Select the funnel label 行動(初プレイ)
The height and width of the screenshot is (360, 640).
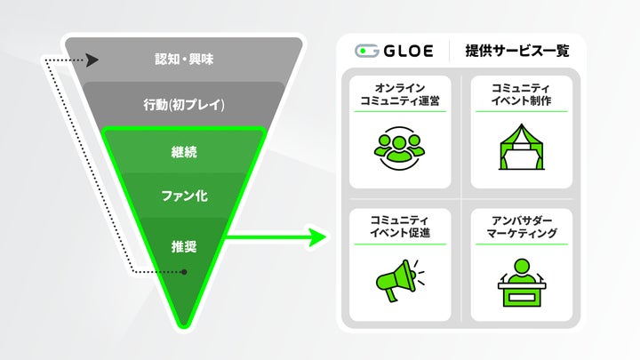pyautogui.click(x=183, y=105)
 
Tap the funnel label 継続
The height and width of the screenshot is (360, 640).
pyautogui.click(x=183, y=152)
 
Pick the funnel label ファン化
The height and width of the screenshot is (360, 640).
pyautogui.click(x=183, y=196)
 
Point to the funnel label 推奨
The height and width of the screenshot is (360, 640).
pyautogui.click(x=183, y=241)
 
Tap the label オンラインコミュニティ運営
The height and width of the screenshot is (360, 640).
pyautogui.click(x=399, y=94)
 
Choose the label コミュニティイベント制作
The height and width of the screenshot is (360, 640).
pyautogui.click(x=521, y=94)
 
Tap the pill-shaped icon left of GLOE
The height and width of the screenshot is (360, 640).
pyautogui.click(x=365, y=51)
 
